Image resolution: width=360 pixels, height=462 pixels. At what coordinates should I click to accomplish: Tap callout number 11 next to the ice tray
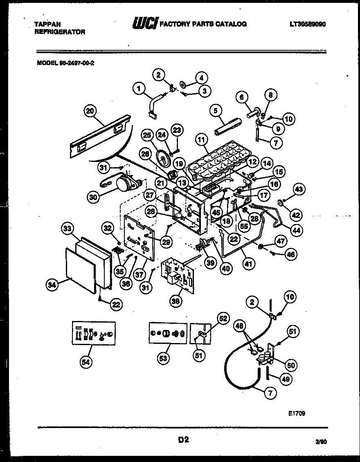pos(200,140)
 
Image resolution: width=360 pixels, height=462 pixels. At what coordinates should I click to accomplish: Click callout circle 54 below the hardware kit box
pos(86,361)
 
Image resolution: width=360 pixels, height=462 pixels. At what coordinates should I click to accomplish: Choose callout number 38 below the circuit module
pos(176,301)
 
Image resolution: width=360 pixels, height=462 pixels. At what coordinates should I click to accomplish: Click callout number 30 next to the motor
pos(94,197)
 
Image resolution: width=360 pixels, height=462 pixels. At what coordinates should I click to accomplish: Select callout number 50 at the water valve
pos(292,365)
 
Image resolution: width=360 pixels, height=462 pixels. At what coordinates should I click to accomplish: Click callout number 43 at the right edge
pos(299,189)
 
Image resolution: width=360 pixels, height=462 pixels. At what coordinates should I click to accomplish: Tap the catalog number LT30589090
pos(307,24)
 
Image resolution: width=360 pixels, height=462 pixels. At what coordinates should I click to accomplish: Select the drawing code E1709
pos(297,413)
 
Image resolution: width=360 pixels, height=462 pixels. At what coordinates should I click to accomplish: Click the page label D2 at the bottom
pos(183,440)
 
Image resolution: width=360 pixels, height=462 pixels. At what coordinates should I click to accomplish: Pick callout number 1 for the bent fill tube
pos(139,87)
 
